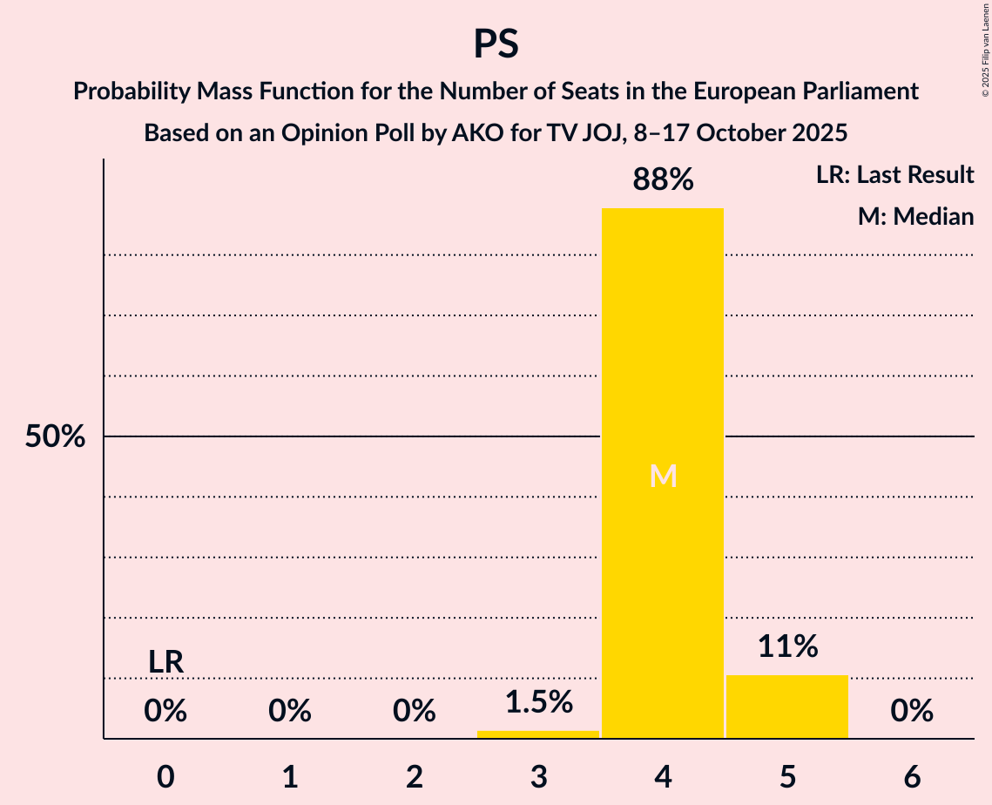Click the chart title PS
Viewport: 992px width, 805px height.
[x=496, y=44]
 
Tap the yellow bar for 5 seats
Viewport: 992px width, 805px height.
[x=787, y=707]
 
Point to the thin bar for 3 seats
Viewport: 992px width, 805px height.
[x=538, y=734]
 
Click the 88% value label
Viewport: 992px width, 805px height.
[x=663, y=180]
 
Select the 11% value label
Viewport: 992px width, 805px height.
[x=787, y=646]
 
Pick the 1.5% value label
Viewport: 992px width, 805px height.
[x=538, y=701]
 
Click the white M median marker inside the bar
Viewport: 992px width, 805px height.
[x=663, y=476]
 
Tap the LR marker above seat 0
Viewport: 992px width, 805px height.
[x=165, y=662]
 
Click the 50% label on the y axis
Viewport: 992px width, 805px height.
[x=55, y=436]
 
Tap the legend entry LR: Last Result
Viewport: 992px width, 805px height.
[x=894, y=175]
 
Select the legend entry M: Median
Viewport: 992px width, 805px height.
[x=915, y=216]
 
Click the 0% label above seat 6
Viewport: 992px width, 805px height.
[x=912, y=712]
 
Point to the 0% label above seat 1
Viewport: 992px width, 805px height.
[x=290, y=712]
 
